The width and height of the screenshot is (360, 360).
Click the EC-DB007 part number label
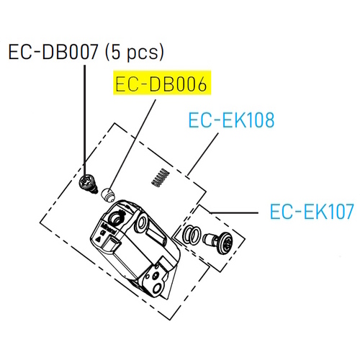coord(53,52)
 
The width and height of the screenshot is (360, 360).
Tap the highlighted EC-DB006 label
coord(161,84)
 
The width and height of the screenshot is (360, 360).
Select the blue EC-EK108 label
coord(231,120)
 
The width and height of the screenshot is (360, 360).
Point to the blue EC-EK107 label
coord(312,211)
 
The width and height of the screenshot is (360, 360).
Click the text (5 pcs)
coord(135,53)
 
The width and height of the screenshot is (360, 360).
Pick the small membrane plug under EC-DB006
coord(107,194)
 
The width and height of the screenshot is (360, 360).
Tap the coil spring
coord(161,178)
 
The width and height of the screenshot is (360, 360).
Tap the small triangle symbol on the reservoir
coord(98,239)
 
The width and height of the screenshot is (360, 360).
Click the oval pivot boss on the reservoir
coord(141,222)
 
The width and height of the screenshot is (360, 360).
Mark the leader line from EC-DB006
coord(132,144)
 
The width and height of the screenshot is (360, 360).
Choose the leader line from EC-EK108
coord(203,154)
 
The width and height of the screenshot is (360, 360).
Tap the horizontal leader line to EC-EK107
coord(233,212)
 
